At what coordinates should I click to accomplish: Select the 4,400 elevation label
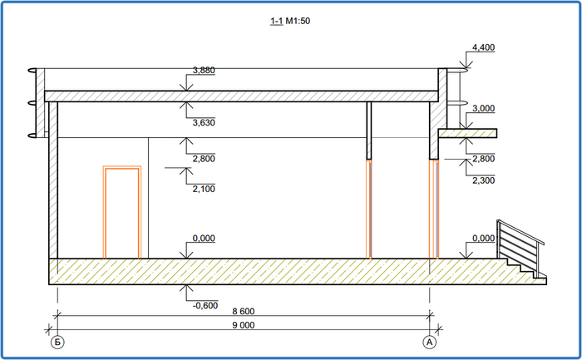[x=483, y=47]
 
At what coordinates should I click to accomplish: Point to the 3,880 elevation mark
[x=204, y=71]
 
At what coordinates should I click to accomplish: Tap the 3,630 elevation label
[x=204, y=123]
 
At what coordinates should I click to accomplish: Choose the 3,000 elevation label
[x=483, y=109]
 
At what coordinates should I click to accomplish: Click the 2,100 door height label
[x=204, y=189]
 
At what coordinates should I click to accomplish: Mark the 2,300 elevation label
[x=483, y=180]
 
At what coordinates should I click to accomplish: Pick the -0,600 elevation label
[x=204, y=305]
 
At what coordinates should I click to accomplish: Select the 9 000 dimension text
[x=243, y=326]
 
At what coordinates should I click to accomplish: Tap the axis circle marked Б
[x=57, y=342]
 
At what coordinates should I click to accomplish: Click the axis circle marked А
[x=430, y=342]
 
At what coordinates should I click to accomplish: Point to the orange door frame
[x=121, y=212]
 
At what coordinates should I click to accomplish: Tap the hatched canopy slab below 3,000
[x=467, y=133]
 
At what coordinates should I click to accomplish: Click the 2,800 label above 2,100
[x=204, y=157]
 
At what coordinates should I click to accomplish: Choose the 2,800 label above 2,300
[x=483, y=158]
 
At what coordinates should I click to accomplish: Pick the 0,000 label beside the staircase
[x=482, y=238]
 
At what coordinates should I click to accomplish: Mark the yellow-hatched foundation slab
[x=249, y=271]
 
